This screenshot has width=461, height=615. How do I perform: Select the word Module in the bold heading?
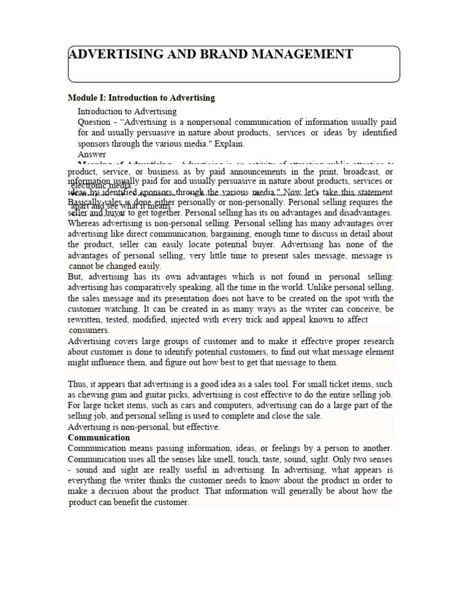click(x=81, y=97)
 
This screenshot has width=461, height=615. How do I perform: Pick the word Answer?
click(x=92, y=154)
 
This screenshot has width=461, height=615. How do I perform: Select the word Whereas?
click(x=85, y=223)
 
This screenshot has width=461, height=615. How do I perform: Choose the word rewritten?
click(x=86, y=320)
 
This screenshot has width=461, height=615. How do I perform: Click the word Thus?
click(x=77, y=384)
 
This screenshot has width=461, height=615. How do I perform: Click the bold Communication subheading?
click(x=99, y=438)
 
